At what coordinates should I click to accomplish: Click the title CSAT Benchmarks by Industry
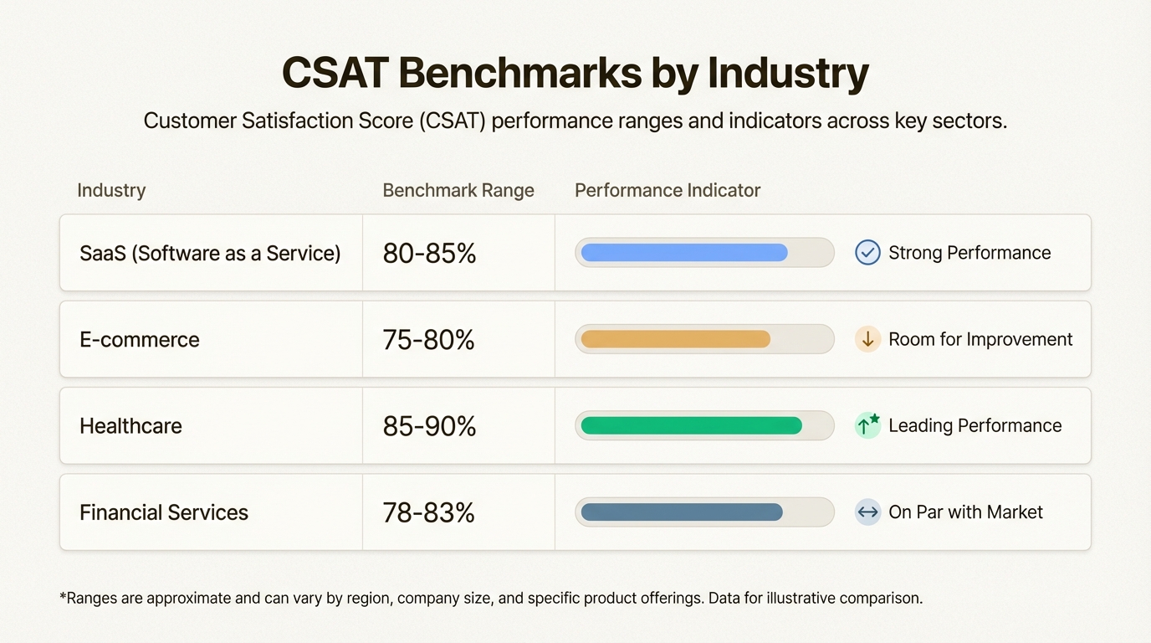point(575,74)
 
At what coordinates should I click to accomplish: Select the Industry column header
point(111,190)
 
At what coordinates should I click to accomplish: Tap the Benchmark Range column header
point(458,190)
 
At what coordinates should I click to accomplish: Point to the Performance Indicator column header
point(667,190)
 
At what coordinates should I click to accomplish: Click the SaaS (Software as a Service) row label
point(210,253)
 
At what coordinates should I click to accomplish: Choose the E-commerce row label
point(140,340)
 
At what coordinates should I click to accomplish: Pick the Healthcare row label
point(130,426)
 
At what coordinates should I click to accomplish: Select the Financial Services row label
point(164,512)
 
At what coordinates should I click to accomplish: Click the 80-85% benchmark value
point(429,253)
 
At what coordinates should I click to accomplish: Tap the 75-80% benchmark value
point(428,340)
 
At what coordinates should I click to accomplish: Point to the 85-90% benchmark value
point(429,426)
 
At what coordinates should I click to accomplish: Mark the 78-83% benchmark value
point(428,512)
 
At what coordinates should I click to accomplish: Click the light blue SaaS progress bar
point(684,253)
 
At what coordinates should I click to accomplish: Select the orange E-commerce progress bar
point(675,339)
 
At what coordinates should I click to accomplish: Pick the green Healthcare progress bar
point(691,425)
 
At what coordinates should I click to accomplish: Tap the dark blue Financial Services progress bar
point(682,512)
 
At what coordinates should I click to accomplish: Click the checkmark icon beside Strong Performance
point(867,253)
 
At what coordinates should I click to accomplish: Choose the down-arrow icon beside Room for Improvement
point(867,339)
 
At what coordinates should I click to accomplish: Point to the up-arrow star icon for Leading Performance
point(867,425)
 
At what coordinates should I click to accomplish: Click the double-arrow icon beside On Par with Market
point(867,512)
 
